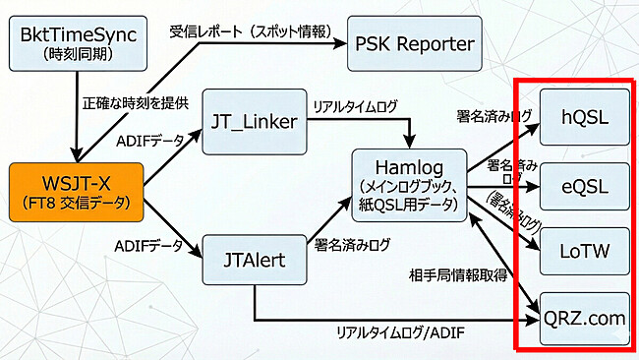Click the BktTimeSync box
(x=76, y=45)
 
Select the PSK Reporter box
(x=415, y=44)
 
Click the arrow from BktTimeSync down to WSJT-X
(x=76, y=118)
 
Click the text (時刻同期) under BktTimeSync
(x=76, y=54)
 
